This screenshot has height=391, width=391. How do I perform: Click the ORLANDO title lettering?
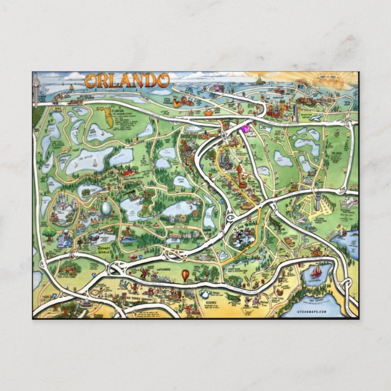coord(127,80)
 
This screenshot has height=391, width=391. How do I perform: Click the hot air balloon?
coord(185,275)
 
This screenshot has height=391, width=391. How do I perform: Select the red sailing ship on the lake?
coord(316,270)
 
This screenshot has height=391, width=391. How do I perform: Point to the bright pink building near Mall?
coord(245,128)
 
